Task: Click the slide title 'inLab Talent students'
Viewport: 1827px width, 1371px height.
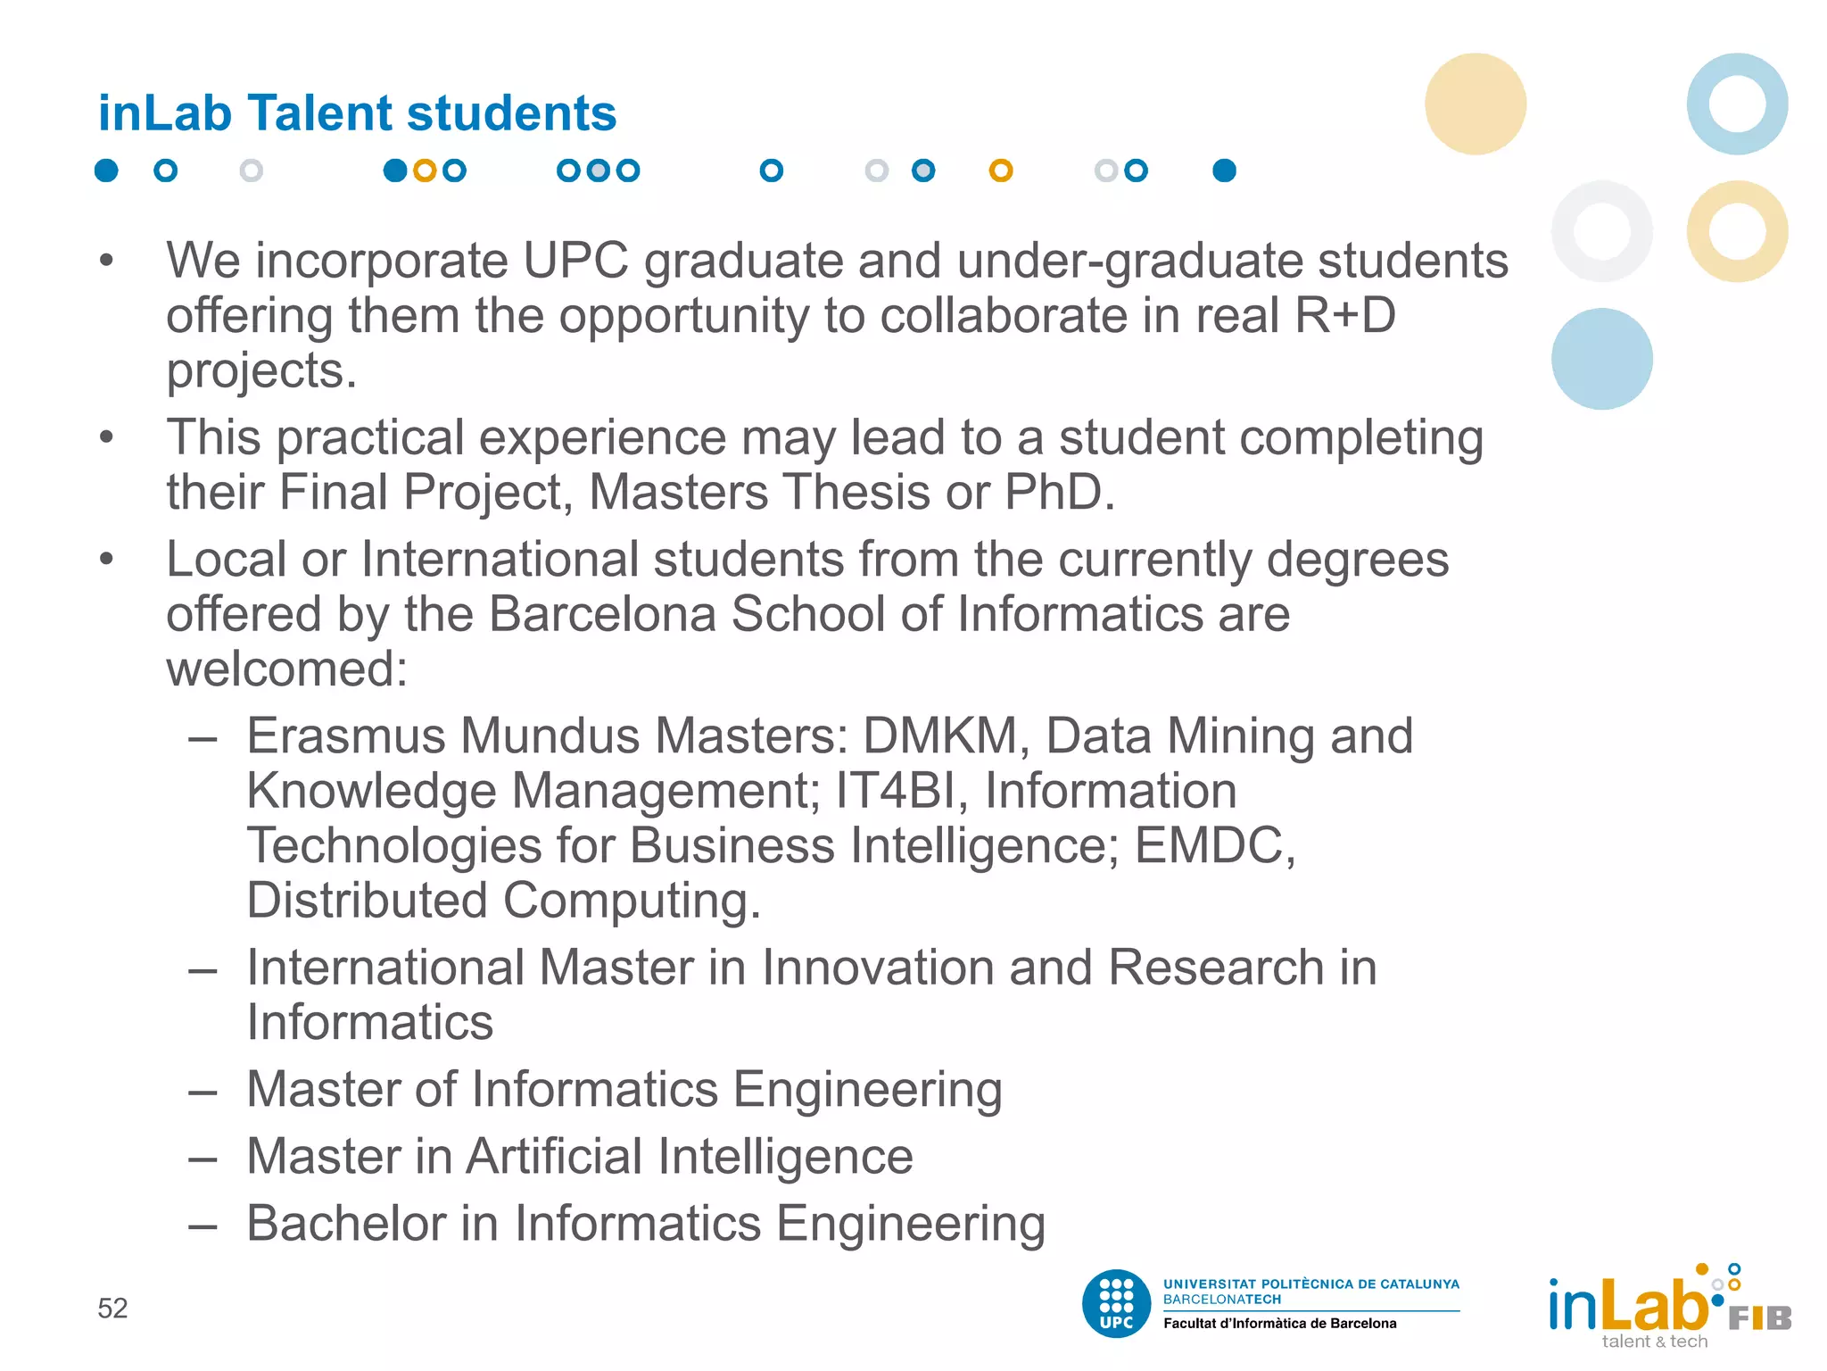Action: click(357, 113)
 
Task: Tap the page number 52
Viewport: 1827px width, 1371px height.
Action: click(112, 1309)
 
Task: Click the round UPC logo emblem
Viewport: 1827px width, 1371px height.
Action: click(1116, 1304)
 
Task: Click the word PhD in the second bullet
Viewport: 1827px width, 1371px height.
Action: click(1059, 492)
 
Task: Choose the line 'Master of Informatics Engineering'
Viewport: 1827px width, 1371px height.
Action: click(624, 1089)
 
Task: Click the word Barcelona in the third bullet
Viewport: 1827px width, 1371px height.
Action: click(602, 614)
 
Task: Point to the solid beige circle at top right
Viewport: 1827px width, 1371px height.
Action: click(1475, 104)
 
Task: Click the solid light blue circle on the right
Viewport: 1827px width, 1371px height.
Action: click(1601, 359)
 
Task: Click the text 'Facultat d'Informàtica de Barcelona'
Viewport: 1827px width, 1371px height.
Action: click(1279, 1324)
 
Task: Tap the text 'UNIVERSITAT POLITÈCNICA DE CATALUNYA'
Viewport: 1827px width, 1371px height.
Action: click(1310, 1284)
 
